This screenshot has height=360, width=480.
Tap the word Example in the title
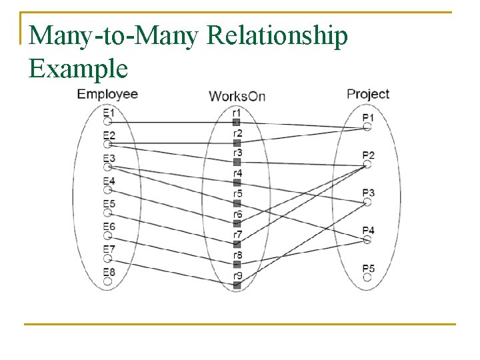pos(79,68)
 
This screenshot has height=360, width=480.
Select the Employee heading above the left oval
pos(107,94)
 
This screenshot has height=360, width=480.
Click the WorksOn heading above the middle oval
pos(237,96)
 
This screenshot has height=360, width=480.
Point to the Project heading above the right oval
pos(368,94)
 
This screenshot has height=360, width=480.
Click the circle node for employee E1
pos(107,122)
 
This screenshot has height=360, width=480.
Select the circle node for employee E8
pos(107,281)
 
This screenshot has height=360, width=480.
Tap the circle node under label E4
pos(107,190)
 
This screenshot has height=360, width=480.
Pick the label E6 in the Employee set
pos(109,227)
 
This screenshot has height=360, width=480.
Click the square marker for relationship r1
pos(237,122)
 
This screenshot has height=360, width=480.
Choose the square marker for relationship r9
pos(237,285)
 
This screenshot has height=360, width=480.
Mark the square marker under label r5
pos(237,203)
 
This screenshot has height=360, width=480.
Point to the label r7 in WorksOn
pos(237,235)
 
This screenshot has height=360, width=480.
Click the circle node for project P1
pos(367,127)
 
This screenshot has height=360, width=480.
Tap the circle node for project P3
pos(367,202)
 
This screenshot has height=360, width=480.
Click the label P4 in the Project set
pos(369,231)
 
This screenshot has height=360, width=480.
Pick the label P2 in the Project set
pos(369,155)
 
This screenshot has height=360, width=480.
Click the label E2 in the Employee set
pos(109,135)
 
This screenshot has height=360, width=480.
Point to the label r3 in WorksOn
pos(237,153)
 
